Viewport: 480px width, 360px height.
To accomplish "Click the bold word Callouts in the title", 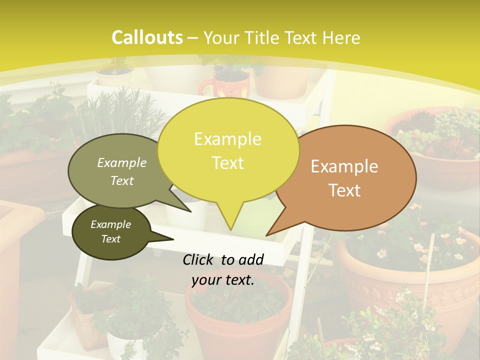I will (147, 37).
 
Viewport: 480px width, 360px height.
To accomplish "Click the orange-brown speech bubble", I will (350, 177).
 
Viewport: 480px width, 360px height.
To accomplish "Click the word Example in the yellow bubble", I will (227, 139).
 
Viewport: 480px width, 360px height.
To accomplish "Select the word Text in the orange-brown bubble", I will (345, 190).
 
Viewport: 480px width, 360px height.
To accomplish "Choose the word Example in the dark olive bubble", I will (111, 224).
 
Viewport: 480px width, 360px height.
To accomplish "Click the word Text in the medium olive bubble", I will (122, 180).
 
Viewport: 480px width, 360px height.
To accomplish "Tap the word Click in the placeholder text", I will (199, 259).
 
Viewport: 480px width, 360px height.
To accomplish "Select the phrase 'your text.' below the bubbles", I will (223, 280).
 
